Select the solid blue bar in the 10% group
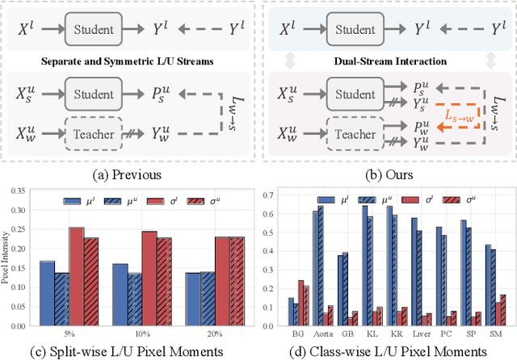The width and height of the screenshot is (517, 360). tap(120, 291)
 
